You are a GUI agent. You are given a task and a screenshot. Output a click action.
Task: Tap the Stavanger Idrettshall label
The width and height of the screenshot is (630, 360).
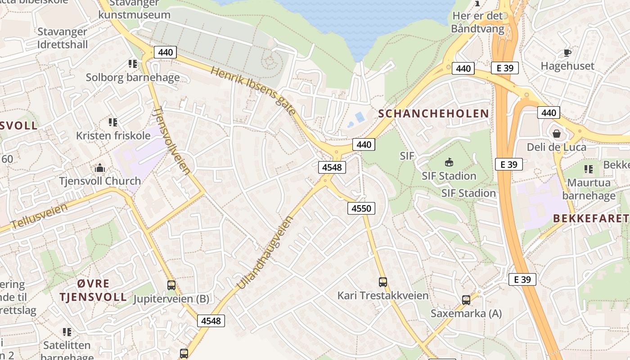tap(63, 38)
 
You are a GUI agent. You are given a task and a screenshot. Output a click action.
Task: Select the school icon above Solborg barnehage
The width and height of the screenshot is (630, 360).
tap(133, 64)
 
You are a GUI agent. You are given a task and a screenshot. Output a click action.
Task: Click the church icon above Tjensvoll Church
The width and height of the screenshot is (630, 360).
tap(100, 168)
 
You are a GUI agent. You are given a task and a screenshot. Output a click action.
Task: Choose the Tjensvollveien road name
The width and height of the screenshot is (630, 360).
tap(171, 140)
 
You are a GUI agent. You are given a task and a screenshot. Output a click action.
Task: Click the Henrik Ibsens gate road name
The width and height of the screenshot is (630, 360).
tap(253, 90)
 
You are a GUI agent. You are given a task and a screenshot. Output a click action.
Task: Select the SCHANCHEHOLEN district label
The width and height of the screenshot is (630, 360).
tap(433, 113)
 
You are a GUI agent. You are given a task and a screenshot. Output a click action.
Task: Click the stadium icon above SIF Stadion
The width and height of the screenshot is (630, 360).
tap(449, 162)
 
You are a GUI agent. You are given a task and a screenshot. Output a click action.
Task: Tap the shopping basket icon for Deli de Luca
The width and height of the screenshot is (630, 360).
tap(557, 134)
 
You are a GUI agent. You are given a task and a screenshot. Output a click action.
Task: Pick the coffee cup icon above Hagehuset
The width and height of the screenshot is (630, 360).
tap(567, 53)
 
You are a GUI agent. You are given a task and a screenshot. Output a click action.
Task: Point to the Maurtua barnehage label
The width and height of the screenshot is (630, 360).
tap(589, 189)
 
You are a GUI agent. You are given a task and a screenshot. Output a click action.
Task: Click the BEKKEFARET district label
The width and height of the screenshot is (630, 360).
tap(590, 219)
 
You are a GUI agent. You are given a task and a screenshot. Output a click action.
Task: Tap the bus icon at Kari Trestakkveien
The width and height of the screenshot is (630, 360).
tap(383, 282)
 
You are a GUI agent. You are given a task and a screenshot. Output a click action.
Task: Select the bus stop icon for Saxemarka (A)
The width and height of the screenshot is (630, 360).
tap(466, 300)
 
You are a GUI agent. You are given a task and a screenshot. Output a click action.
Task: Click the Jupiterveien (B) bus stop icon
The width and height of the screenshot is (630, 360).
tap(171, 285)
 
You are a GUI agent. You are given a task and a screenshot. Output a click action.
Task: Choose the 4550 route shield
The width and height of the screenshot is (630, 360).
tap(361, 208)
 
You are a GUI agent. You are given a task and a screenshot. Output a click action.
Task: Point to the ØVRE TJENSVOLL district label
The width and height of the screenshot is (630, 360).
tap(94, 290)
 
